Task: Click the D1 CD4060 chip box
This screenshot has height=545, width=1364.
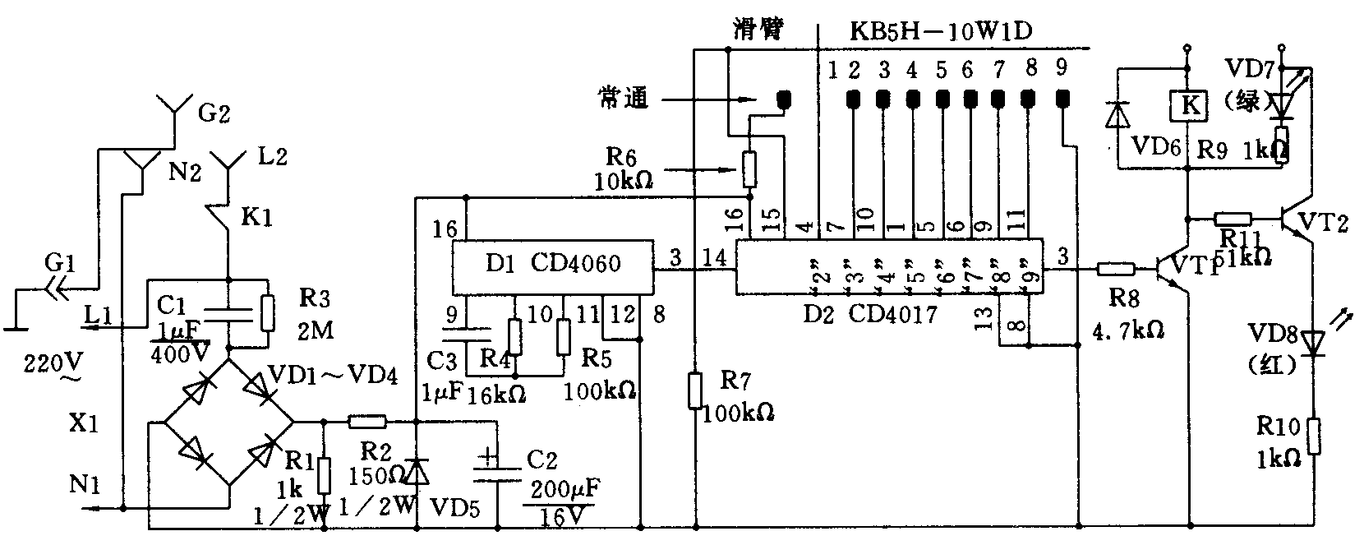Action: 551,268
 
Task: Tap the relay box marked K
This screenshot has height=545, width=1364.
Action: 1187,104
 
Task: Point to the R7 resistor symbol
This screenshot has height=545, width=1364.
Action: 695,390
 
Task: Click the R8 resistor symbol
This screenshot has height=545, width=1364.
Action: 1116,268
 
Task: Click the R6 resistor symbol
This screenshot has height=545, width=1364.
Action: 749,169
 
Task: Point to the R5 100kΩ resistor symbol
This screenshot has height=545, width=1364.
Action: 563,337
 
